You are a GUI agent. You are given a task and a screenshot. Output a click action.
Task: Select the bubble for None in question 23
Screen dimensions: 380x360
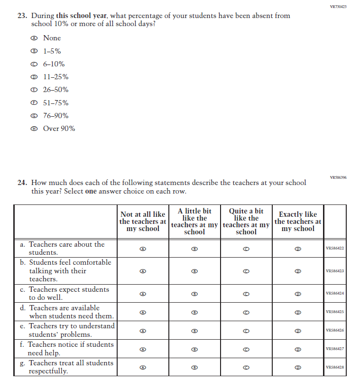coord(33,38)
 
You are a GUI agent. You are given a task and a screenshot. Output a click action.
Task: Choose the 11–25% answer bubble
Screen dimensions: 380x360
coord(33,77)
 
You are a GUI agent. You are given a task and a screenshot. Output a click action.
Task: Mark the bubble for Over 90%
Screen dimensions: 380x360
coord(33,129)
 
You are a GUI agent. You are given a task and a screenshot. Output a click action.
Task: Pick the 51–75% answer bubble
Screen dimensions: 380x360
coord(33,103)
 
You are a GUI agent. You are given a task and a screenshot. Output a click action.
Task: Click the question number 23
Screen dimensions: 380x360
coord(22,16)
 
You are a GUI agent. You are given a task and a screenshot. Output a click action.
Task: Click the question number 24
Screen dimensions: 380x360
coord(22,183)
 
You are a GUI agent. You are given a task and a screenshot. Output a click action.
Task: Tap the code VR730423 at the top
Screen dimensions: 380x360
coord(338,7)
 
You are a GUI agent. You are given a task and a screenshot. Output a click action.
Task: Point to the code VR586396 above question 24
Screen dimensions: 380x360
coord(338,177)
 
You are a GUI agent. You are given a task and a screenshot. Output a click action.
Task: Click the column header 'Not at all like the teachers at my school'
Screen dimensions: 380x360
coord(143,222)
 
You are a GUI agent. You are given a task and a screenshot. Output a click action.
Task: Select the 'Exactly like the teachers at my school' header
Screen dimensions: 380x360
coord(297,222)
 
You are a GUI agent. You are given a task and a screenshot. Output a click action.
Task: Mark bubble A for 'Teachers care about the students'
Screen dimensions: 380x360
coord(143,248)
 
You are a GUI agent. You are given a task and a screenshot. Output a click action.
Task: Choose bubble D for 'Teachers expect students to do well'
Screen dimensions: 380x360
coord(297,294)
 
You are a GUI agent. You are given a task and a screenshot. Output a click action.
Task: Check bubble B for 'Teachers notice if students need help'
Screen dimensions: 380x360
coord(194,349)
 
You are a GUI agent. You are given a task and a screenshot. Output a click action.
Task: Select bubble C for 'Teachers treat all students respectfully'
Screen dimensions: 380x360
coord(246,367)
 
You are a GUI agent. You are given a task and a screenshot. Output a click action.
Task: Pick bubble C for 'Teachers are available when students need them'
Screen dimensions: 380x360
coord(246,312)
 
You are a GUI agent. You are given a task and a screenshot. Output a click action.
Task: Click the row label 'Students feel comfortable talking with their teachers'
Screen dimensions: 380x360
coord(66,270)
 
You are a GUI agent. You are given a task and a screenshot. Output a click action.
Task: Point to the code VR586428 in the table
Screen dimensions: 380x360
coord(335,367)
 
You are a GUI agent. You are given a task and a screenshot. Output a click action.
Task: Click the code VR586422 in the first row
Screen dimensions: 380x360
coord(335,248)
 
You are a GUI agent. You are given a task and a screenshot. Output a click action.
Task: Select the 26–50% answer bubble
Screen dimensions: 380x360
coord(33,90)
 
